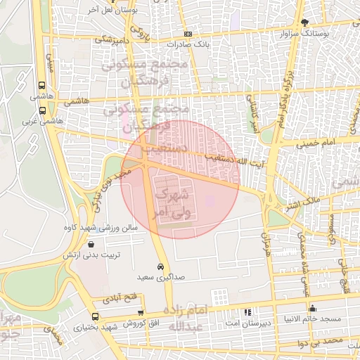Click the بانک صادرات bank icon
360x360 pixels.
click(188, 34)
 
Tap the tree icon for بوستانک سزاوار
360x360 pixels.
click(304, 22)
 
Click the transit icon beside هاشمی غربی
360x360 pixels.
click(43, 110)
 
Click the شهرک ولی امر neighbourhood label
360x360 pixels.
click(173, 200)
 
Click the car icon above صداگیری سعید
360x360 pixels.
click(161, 267)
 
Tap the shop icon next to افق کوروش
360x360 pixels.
click(141, 313)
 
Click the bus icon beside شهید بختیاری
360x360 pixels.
click(95, 316)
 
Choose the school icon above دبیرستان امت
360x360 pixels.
click(247, 312)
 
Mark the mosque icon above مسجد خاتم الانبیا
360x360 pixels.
click(313, 309)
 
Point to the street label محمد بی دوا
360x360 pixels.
click(321, 342)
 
